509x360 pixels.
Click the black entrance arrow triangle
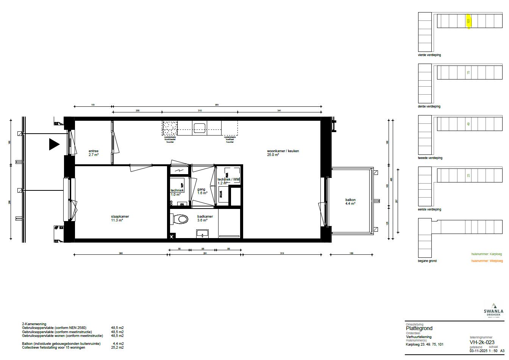54,144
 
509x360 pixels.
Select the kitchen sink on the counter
199,128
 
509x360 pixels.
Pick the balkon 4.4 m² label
350,202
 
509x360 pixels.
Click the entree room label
93,153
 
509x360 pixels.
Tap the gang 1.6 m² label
202,191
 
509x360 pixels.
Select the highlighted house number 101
468,21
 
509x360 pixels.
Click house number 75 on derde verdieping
468,72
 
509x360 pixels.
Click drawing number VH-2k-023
482,342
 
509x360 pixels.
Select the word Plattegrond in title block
419,328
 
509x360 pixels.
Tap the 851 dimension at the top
217,105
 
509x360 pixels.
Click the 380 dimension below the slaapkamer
120,253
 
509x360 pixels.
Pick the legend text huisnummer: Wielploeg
487,261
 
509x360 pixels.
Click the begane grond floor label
427,261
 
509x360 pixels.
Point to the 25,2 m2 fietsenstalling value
117,347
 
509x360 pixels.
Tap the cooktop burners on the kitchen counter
169,128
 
